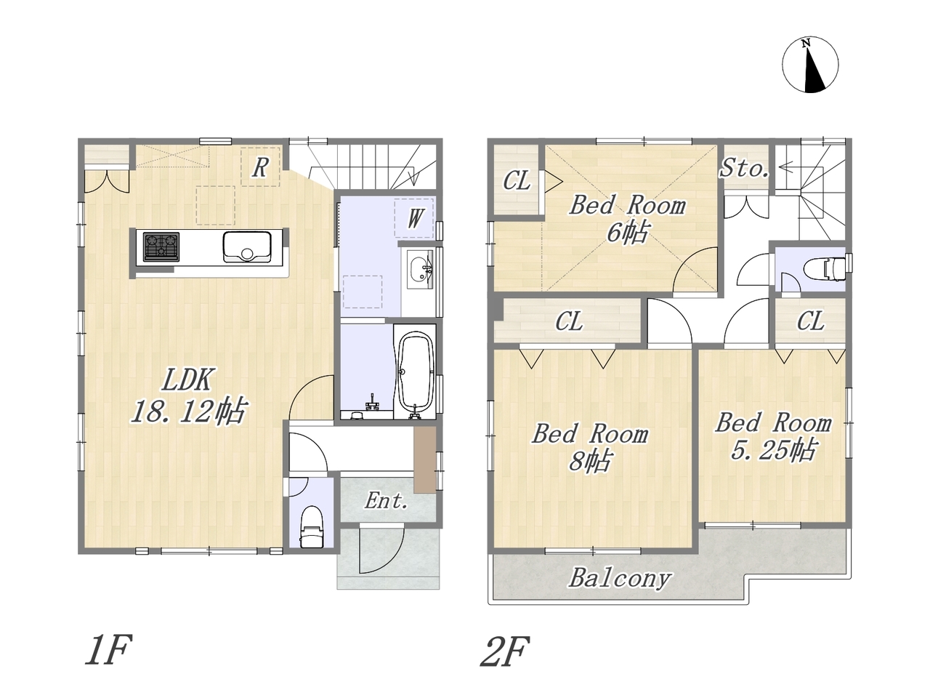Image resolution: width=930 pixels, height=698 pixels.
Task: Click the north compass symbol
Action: [x=810, y=65]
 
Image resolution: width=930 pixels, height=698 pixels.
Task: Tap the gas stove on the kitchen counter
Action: [x=161, y=246]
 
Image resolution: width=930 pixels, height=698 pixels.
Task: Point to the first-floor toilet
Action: [x=312, y=527]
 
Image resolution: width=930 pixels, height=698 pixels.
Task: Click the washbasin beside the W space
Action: [x=420, y=269]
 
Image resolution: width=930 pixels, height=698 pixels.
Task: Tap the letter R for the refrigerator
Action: [x=260, y=167]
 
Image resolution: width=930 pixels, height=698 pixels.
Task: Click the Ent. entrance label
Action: [x=387, y=501]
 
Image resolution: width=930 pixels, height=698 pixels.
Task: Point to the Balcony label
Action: [x=619, y=579]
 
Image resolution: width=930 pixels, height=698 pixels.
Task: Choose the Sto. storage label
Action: [x=745, y=168]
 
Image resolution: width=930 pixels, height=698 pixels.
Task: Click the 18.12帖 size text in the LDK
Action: [x=188, y=411]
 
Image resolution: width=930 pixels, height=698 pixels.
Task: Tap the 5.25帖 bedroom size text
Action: [x=772, y=450]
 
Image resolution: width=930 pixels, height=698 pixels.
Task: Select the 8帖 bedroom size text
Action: [x=590, y=461]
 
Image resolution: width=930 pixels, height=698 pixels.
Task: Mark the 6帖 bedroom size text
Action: [x=628, y=232]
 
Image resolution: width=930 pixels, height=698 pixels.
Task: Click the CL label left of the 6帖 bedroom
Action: [x=517, y=181]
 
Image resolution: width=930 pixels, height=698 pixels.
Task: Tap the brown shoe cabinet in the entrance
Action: [x=425, y=460]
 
